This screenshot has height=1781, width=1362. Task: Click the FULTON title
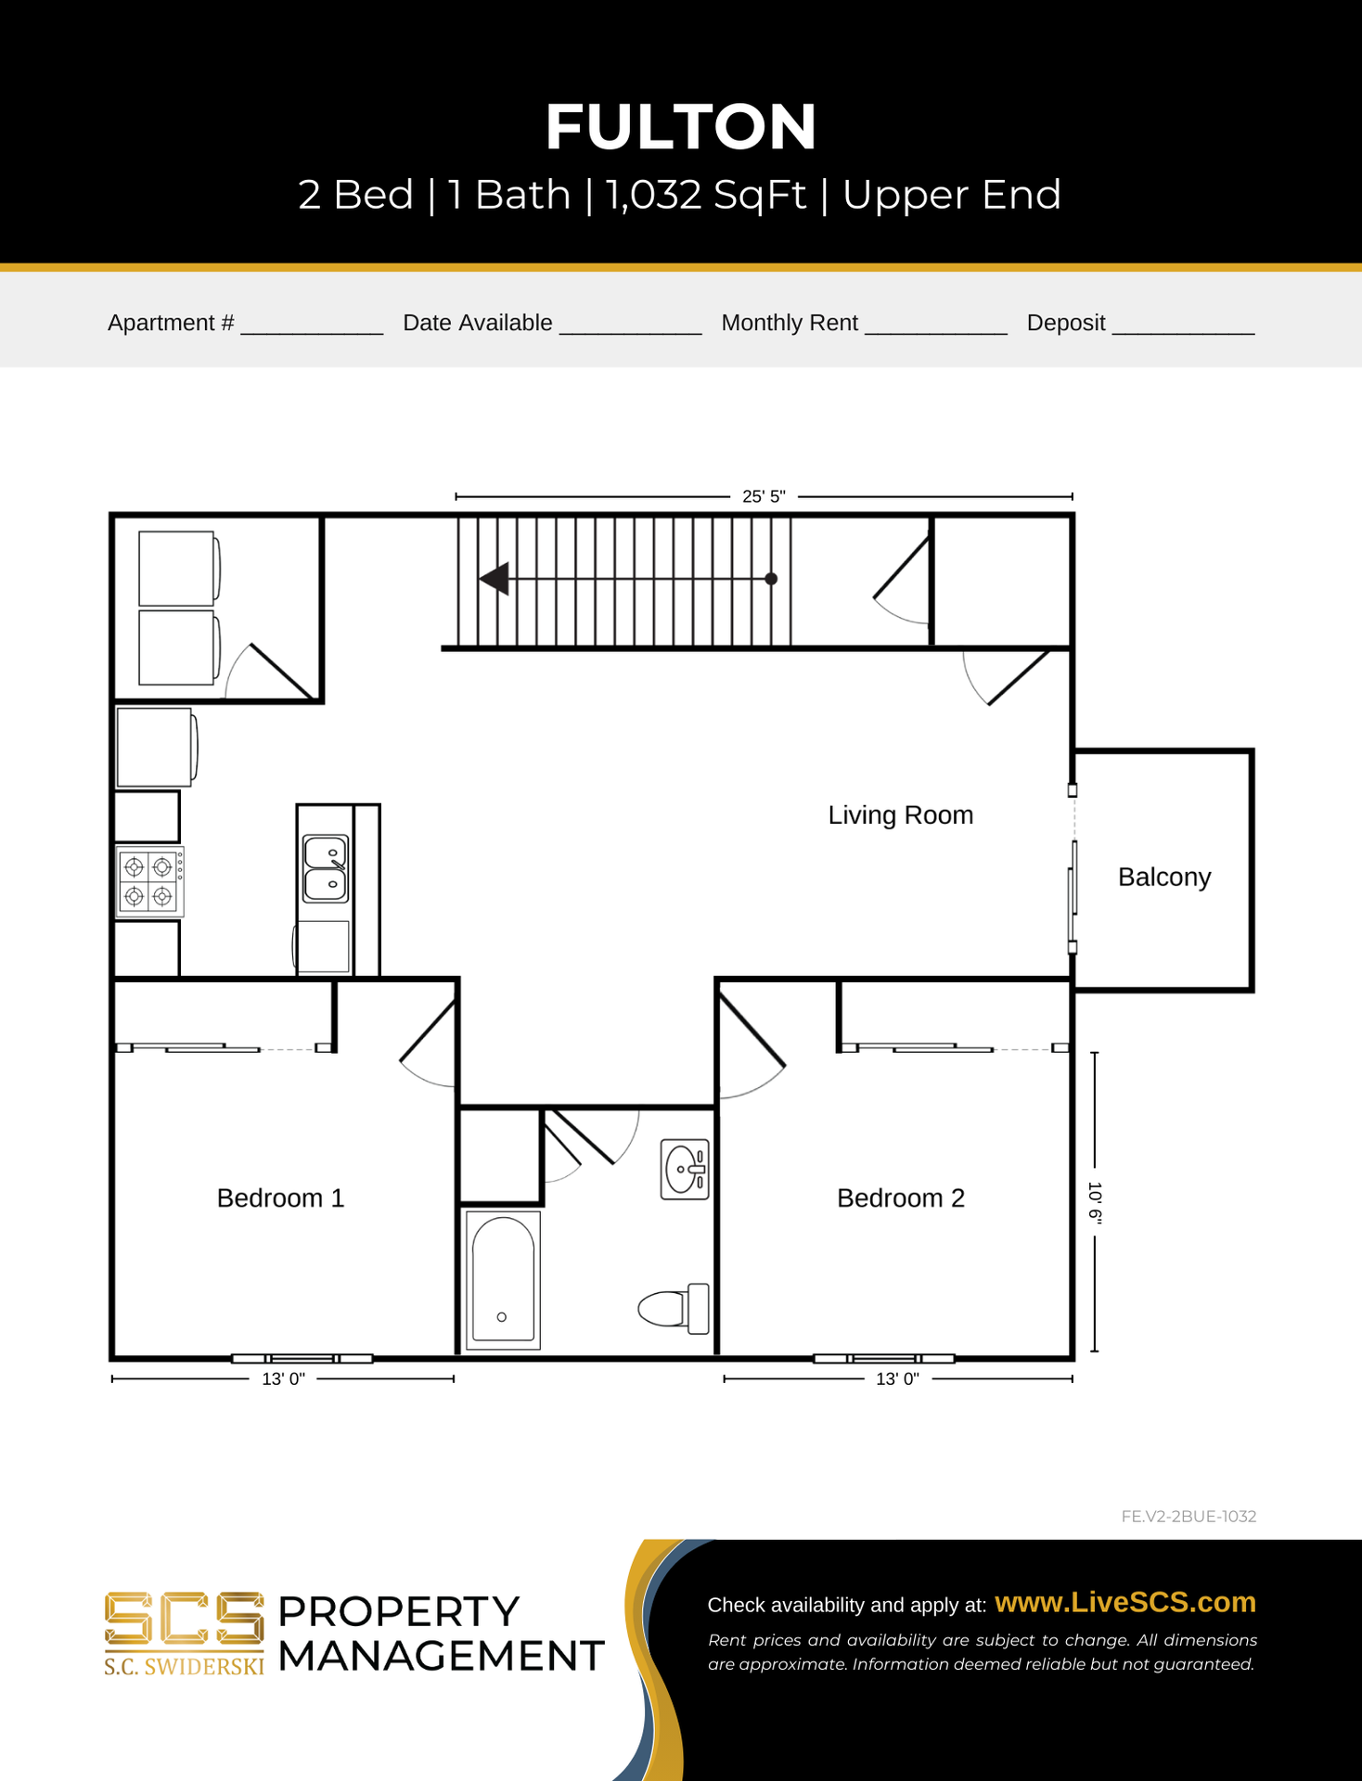[681, 126]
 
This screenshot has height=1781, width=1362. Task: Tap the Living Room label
[901, 815]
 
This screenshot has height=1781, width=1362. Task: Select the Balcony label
[1164, 878]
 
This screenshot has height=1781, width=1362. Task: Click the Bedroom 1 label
[280, 1198]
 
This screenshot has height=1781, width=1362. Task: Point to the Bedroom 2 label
[901, 1198]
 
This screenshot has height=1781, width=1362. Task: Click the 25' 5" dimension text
[764, 496]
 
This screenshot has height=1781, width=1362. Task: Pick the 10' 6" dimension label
[1095, 1203]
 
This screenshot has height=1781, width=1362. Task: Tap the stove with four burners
[149, 882]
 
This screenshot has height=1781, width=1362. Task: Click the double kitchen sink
[326, 868]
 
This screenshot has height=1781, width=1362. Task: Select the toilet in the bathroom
[674, 1308]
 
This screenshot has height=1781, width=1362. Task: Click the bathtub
[502, 1279]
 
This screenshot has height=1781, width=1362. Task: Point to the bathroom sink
[685, 1170]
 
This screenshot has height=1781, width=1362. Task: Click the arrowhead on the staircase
[494, 579]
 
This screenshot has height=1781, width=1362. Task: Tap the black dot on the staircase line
[771, 579]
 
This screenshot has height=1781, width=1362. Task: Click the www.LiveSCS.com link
[1125, 1602]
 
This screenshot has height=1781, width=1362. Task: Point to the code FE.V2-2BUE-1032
[1189, 1517]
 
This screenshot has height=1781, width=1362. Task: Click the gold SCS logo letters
[184, 1620]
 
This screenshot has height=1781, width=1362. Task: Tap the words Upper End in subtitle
[951, 195]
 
